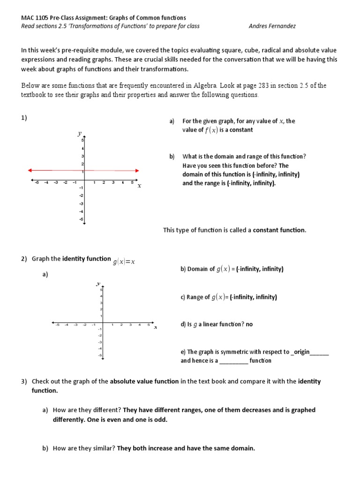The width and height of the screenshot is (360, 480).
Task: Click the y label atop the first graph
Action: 79,134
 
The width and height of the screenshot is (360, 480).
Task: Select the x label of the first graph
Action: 139,186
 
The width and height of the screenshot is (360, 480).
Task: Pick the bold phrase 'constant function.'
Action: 279,230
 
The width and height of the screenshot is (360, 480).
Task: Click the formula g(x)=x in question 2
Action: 124,262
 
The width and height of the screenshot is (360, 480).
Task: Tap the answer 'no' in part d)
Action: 249,324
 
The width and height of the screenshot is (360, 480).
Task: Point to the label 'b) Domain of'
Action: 197,269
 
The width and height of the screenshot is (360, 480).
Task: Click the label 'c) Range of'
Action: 195,297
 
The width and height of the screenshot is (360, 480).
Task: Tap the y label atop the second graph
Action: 98,284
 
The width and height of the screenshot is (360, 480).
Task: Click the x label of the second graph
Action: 155,327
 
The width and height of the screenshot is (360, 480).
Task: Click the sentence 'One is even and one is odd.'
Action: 127,420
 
